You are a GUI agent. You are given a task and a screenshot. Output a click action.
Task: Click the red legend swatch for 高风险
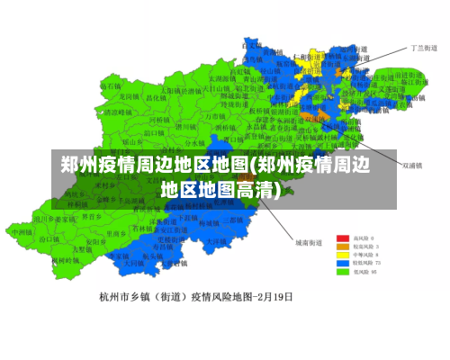pyautogui.click(x=343, y=237)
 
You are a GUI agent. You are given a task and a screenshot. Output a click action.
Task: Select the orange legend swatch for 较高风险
pyautogui.click(x=343, y=245)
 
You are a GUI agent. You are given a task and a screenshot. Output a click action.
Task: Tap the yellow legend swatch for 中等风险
pyautogui.click(x=343, y=254)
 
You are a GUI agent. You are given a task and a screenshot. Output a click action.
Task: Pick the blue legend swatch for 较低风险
pyautogui.click(x=343, y=262)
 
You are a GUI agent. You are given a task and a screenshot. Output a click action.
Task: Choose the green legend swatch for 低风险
pyautogui.click(x=343, y=270)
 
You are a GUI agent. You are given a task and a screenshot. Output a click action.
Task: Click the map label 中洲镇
pyautogui.click(x=22, y=231)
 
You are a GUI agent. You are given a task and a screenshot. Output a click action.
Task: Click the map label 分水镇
pyautogui.click(x=195, y=142)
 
